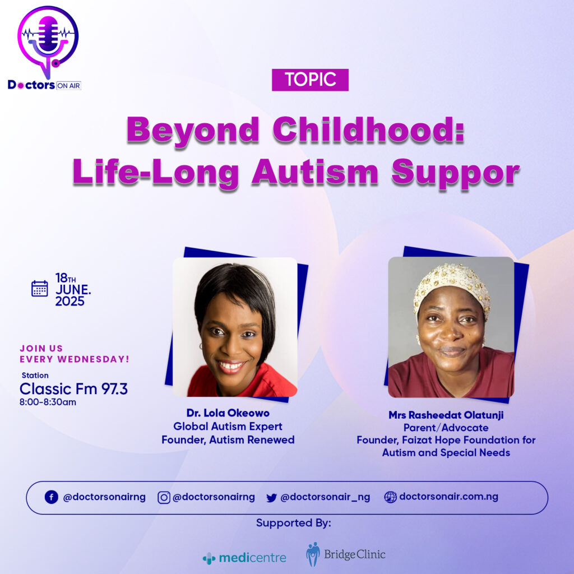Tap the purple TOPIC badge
[x=310, y=80]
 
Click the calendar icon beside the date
[x=40, y=289]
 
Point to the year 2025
[x=70, y=301]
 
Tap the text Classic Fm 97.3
[x=73, y=389]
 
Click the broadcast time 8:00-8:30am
[x=48, y=402]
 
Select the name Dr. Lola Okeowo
[x=228, y=413]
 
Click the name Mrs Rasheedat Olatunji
[x=446, y=415]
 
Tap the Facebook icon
[x=52, y=497]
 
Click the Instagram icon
[x=164, y=498]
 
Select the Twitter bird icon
[x=271, y=498]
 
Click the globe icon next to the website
[x=390, y=497]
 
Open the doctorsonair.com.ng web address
[x=449, y=497]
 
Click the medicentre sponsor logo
[x=244, y=558]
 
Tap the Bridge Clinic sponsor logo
[x=346, y=554]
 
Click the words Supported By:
[x=294, y=523]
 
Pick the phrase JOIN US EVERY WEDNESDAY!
[x=75, y=354]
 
